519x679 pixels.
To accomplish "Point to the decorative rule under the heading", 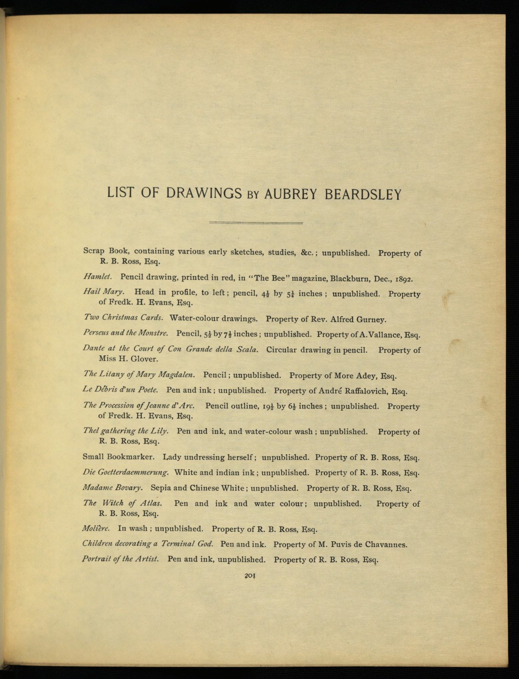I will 256,223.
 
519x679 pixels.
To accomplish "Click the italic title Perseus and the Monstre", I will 125,333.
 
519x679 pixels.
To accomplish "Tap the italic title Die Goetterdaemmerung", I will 126,472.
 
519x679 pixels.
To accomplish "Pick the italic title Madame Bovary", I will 112,487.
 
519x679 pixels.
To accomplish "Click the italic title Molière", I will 96,528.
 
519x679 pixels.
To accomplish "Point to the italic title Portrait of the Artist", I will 120,559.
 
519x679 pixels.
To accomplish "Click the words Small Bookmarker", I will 118,457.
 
